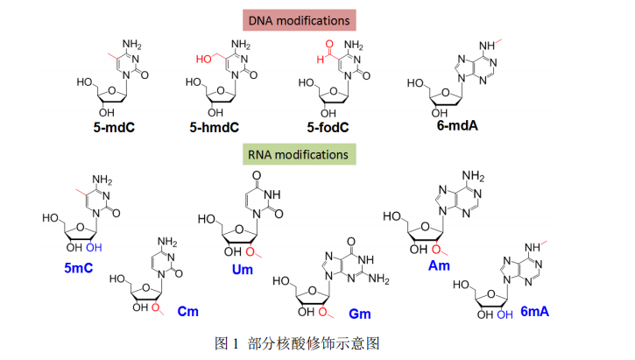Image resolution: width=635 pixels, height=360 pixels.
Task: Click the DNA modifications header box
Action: tap(317, 19)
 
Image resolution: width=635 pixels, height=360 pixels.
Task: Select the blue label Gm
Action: tap(360, 312)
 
